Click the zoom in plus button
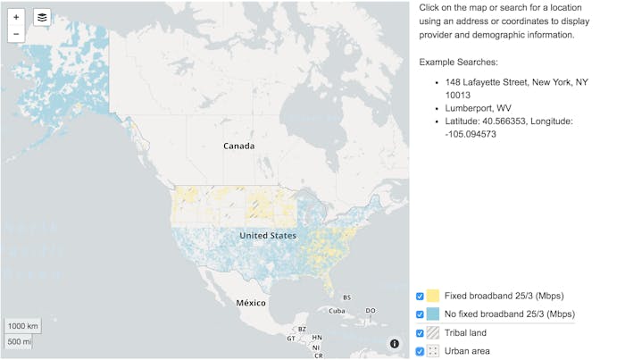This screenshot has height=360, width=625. (16, 17)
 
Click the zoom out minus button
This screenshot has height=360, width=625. (16, 34)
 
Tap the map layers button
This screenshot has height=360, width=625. (42, 17)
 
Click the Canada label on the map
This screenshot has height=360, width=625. (238, 146)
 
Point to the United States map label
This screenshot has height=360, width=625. (268, 235)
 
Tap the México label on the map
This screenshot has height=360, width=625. (251, 303)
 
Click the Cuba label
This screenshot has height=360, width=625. (336, 311)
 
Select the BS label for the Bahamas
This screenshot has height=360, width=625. (347, 297)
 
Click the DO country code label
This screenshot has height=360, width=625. (371, 311)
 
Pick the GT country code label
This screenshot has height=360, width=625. (291, 339)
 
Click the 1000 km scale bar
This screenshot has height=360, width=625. (23, 325)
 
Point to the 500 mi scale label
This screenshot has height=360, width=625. (20, 341)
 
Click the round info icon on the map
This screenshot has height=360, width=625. (394, 344)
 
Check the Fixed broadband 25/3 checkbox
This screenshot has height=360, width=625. (420, 296)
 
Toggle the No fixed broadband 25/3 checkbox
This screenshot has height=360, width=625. (420, 314)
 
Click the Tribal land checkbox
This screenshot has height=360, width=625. (420, 333)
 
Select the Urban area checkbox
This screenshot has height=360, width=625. (420, 351)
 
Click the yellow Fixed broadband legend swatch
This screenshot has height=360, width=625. (433, 296)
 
